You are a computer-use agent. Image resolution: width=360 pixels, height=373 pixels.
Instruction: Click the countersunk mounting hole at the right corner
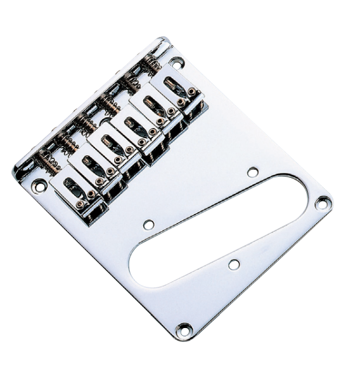(323, 203)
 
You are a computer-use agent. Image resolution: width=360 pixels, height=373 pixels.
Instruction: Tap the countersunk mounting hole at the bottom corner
(184, 329)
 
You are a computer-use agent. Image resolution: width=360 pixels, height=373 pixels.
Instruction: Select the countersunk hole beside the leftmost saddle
(40, 187)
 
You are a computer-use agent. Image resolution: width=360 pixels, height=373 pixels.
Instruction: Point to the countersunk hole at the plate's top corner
(176, 62)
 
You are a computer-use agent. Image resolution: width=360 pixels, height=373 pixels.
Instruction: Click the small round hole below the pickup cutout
(234, 264)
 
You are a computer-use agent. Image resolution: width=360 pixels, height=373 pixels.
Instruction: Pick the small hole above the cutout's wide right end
(252, 172)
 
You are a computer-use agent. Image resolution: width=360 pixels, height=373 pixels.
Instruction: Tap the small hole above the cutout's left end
(149, 224)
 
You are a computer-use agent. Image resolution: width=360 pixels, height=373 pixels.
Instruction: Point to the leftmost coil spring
(47, 161)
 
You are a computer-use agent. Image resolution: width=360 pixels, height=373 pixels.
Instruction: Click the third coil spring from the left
(86, 123)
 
